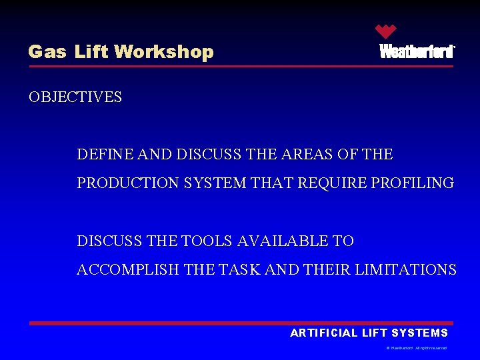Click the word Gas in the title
tap(47, 52)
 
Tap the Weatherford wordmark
tap(417, 51)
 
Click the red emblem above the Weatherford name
tap(385, 31)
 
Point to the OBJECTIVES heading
tap(75, 97)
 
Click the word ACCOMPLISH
tap(128, 270)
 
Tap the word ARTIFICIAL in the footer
tap(324, 333)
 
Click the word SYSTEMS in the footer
tap(420, 333)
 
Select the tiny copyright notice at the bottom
tap(417, 348)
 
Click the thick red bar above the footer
tap(240, 323)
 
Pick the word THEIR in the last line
tap(327, 270)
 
